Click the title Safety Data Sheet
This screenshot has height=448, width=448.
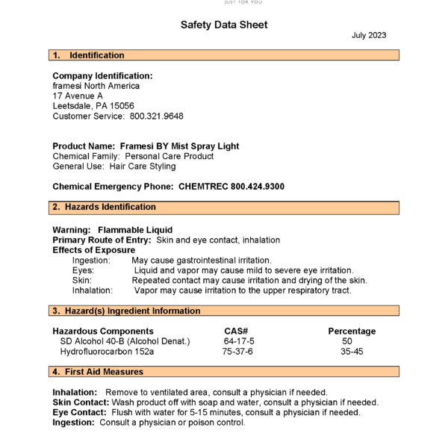224,25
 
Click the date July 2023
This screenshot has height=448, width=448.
369,35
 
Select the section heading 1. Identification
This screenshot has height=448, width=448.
89,55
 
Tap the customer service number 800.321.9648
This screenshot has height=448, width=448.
157,116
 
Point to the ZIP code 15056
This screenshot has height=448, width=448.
122,106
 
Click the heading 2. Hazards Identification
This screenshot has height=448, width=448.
105,207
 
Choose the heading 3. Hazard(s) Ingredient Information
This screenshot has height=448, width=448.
126,311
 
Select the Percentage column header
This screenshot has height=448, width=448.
352,331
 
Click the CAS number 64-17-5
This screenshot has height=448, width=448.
238,341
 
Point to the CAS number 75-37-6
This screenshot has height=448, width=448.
237,352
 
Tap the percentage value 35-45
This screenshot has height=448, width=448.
352,352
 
